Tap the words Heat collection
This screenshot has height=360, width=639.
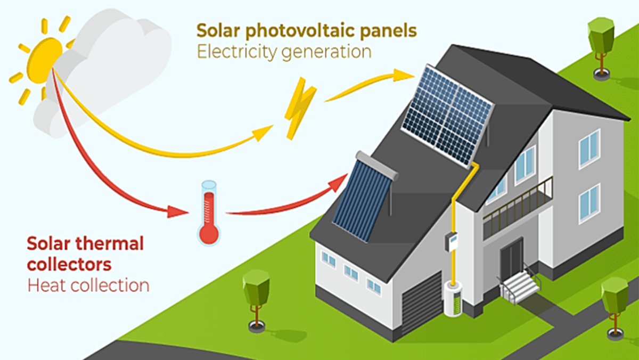[x=88, y=285]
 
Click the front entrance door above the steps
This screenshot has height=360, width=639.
[x=511, y=258]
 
